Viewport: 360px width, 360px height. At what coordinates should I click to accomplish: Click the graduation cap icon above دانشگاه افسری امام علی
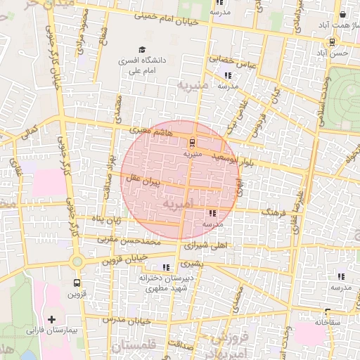142,50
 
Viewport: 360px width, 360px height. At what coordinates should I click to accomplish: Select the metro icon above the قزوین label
77,283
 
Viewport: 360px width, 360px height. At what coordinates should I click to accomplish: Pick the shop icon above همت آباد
342,13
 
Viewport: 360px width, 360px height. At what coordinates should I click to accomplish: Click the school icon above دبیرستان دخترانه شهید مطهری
166,267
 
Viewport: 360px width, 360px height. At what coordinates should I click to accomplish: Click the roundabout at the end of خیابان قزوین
77,262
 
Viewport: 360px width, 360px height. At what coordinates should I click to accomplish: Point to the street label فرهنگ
271,211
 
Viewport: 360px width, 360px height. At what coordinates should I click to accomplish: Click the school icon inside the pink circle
212,213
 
